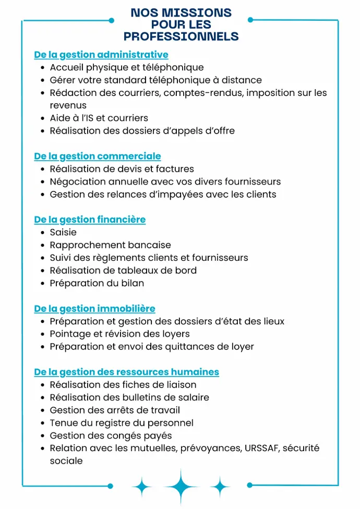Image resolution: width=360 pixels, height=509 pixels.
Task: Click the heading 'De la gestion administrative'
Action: pyautogui.click(x=101, y=55)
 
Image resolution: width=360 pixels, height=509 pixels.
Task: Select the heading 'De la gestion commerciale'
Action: pyautogui.click(x=98, y=156)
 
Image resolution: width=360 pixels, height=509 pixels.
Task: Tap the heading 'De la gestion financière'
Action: pyautogui.click(x=90, y=220)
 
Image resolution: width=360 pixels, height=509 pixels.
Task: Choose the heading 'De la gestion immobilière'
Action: pyautogui.click(x=94, y=309)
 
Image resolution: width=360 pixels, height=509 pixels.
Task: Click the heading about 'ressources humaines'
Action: pyautogui.click(x=126, y=372)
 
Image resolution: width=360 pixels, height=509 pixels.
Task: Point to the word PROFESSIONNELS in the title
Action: pyautogui.click(x=181, y=37)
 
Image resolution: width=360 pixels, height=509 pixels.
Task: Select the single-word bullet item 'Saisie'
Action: pyautogui.click(x=63, y=232)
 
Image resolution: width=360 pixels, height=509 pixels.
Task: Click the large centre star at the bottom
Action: pyautogui.click(x=181, y=486)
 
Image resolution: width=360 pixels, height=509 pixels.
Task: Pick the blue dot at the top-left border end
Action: pyautogui.click(x=111, y=20)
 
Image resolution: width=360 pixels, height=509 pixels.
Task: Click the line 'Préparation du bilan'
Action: pyautogui.click(x=97, y=283)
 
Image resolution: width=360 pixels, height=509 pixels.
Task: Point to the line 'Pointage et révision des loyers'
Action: pyautogui.click(x=119, y=334)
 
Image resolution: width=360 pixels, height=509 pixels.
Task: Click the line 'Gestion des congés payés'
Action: pyautogui.click(x=111, y=435)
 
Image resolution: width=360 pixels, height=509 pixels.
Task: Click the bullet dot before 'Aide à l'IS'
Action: pyautogui.click(x=42, y=118)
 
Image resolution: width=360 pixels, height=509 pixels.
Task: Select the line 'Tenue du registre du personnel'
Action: pyautogui.click(x=122, y=423)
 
